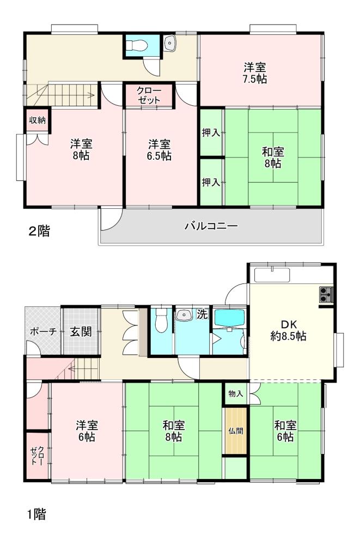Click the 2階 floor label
39,231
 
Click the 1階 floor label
37,514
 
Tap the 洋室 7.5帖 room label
255,73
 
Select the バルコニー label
211,226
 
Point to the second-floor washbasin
169,44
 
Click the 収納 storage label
37,120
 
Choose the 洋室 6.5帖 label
159,150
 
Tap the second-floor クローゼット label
149,95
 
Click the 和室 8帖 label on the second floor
273,158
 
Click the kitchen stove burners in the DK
326,295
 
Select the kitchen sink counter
272,275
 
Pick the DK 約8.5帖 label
289,331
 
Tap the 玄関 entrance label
81,331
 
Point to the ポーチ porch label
43,331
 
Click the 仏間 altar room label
236,431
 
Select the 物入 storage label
236,394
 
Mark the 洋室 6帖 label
87,431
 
